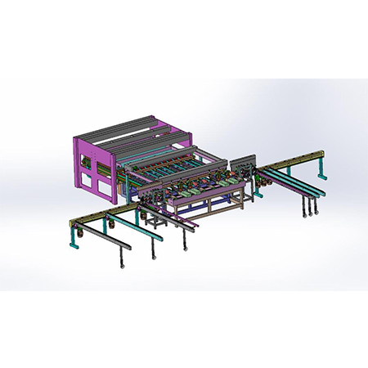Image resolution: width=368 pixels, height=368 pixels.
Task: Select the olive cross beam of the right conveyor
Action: (x=294, y=158)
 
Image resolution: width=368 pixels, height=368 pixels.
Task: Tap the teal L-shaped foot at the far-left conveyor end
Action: (x=70, y=231)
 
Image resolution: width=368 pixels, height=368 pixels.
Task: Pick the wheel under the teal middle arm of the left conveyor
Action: (x=154, y=256)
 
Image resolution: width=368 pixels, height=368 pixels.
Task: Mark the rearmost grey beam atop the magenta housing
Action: (x=114, y=131)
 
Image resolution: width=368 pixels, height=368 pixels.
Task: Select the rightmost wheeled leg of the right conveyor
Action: (x=316, y=211)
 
